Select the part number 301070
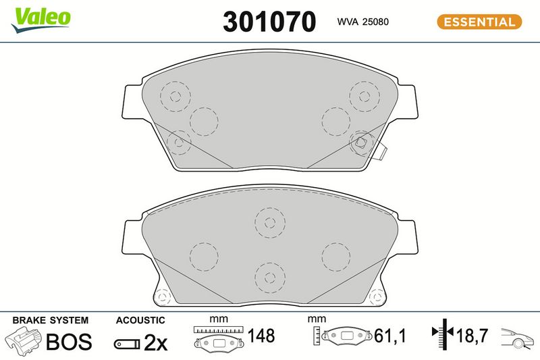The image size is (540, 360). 269,22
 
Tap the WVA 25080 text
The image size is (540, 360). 362,22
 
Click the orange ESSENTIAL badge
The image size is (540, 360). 479,22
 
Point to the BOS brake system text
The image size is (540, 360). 69,342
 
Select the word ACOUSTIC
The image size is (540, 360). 140,320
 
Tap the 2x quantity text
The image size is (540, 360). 156,342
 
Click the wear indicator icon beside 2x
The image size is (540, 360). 127,344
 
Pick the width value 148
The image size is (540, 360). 261,336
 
